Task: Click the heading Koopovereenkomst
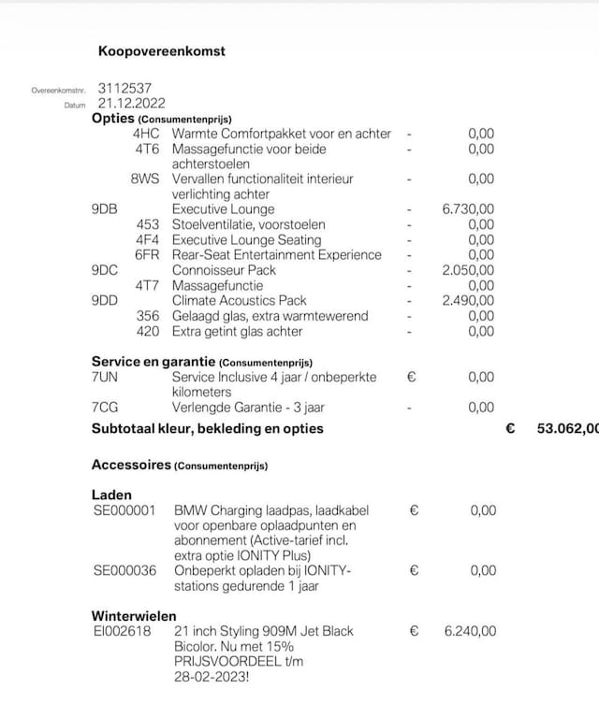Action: tap(161, 51)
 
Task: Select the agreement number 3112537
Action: tap(124, 89)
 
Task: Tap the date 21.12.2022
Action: tap(132, 104)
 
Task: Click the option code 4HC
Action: tap(146, 134)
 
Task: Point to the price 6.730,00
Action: tap(468, 209)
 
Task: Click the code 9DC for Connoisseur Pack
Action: tap(105, 270)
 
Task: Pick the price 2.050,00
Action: tap(468, 270)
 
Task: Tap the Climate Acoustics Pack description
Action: tap(239, 301)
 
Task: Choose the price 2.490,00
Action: tap(468, 301)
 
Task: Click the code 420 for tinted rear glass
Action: tap(148, 331)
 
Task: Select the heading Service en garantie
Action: tap(153, 362)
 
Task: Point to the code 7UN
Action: tap(106, 377)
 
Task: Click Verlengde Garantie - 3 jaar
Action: tap(248, 408)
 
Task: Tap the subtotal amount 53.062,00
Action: tap(567, 428)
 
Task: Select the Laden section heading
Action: tap(111, 495)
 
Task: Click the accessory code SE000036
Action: tap(124, 570)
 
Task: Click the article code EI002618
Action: tap(123, 631)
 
